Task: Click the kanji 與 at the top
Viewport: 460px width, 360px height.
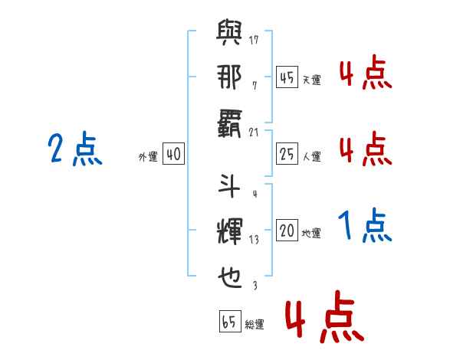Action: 229,32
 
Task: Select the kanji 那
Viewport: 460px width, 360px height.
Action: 229,77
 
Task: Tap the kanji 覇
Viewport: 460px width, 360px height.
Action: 229,123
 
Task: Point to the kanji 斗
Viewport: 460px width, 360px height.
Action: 229,186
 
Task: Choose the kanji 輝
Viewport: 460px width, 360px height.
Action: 230,231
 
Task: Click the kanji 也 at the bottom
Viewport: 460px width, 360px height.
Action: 230,277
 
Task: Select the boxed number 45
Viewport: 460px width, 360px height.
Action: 287,77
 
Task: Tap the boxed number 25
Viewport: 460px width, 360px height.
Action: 287,154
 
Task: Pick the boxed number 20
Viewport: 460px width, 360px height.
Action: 287,230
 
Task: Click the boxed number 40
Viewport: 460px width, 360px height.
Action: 173,154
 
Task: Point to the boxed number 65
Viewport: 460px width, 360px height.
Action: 230,321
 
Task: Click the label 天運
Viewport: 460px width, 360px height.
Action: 312,80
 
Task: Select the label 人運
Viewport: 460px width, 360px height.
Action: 312,156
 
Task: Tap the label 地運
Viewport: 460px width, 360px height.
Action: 311,233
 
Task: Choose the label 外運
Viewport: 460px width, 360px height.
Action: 148,156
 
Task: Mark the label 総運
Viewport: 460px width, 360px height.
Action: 255,324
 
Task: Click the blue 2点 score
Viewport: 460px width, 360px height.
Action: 75,149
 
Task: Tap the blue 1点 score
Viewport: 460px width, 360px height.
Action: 365,225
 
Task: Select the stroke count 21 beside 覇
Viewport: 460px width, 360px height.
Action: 254,133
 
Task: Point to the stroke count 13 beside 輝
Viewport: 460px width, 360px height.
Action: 254,240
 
